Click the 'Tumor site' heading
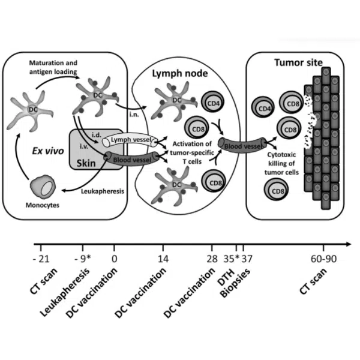tap(298, 63)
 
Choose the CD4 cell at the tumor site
tap(263, 108)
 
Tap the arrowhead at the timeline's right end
tap(349, 244)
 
